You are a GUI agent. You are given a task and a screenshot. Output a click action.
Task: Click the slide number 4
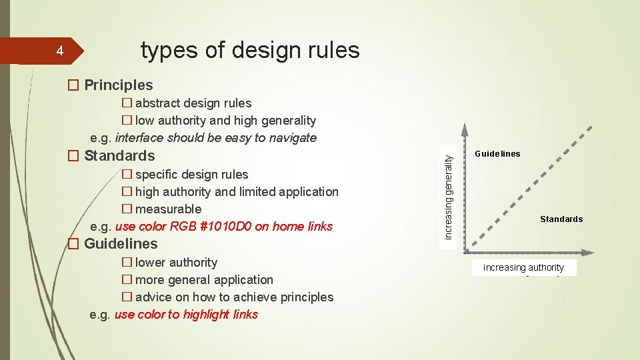[x=59, y=51]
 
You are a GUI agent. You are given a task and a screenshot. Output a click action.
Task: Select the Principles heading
[x=118, y=85]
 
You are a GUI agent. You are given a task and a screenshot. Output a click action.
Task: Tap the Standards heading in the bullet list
[x=119, y=156]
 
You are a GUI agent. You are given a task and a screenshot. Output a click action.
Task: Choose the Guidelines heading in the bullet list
[x=121, y=244]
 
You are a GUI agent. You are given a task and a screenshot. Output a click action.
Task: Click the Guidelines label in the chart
[x=497, y=154]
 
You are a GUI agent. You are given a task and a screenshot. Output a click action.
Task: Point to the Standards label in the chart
[x=561, y=219]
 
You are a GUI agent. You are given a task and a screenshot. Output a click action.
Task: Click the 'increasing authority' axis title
[x=523, y=267]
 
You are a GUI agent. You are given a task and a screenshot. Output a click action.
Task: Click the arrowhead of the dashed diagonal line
[x=589, y=128]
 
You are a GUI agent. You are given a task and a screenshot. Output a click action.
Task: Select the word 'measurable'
[x=168, y=209]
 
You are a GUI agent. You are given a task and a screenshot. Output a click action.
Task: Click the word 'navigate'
[x=292, y=138]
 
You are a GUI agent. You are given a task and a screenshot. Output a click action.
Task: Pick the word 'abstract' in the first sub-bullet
[x=157, y=103]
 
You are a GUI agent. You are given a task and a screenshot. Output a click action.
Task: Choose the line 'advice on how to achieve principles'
[x=234, y=297]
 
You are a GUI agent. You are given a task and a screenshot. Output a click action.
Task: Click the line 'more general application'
[x=204, y=280]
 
